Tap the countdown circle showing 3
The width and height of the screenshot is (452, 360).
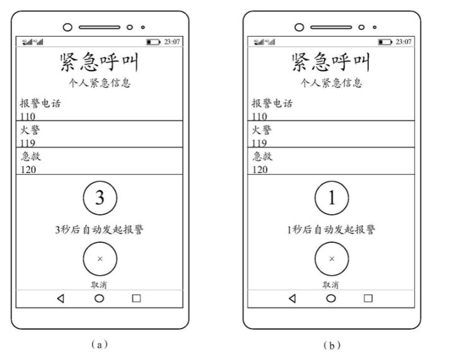(100, 198)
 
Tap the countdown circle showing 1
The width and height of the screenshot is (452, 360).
(331, 198)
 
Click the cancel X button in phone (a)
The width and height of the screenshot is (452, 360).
(100, 259)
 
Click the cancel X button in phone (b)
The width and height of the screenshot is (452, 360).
(331, 259)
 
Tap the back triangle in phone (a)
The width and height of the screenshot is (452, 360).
(61, 299)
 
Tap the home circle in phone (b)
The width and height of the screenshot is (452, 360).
(331, 299)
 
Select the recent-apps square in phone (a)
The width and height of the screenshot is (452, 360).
(136, 299)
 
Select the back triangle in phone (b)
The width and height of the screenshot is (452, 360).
(292, 299)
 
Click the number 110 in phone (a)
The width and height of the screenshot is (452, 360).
(28, 117)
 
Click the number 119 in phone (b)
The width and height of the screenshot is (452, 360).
(260, 143)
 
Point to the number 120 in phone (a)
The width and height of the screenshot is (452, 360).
(28, 170)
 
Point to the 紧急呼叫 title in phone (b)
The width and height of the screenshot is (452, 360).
(331, 63)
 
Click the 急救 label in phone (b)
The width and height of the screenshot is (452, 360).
(262, 157)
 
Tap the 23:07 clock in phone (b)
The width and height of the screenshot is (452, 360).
(403, 42)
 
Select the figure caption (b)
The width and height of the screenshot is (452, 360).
(331, 345)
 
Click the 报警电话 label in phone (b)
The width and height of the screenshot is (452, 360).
(273, 103)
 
